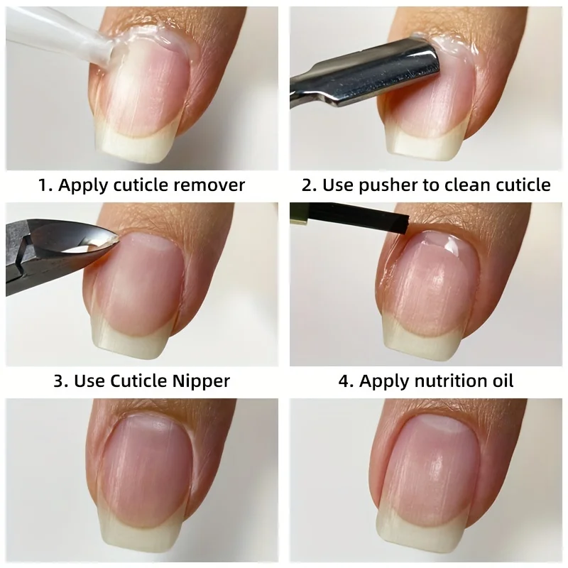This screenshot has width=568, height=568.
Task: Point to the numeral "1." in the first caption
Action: tap(45, 185)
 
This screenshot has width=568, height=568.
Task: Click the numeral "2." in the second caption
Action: tap(310, 185)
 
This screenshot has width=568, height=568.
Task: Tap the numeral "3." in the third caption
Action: tap(62, 381)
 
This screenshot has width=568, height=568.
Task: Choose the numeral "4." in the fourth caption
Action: tap(346, 381)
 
